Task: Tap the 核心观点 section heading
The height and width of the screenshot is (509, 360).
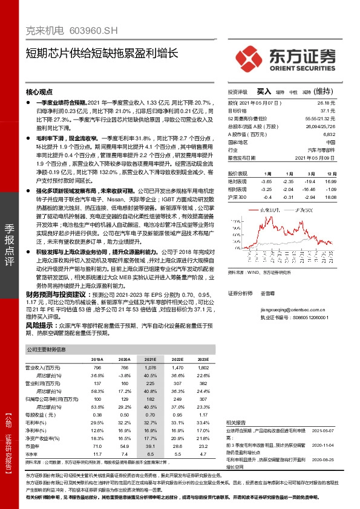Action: tap(39, 92)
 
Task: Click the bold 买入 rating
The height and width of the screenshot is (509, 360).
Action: tap(264, 91)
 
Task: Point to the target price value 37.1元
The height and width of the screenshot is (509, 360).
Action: tap(327, 111)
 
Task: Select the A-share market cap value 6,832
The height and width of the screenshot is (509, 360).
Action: tap(329, 135)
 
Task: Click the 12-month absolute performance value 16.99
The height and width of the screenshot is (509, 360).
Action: tap(329, 181)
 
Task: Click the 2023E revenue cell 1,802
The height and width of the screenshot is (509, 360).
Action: tap(203, 367)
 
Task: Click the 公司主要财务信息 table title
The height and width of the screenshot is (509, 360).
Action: tap(46, 350)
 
